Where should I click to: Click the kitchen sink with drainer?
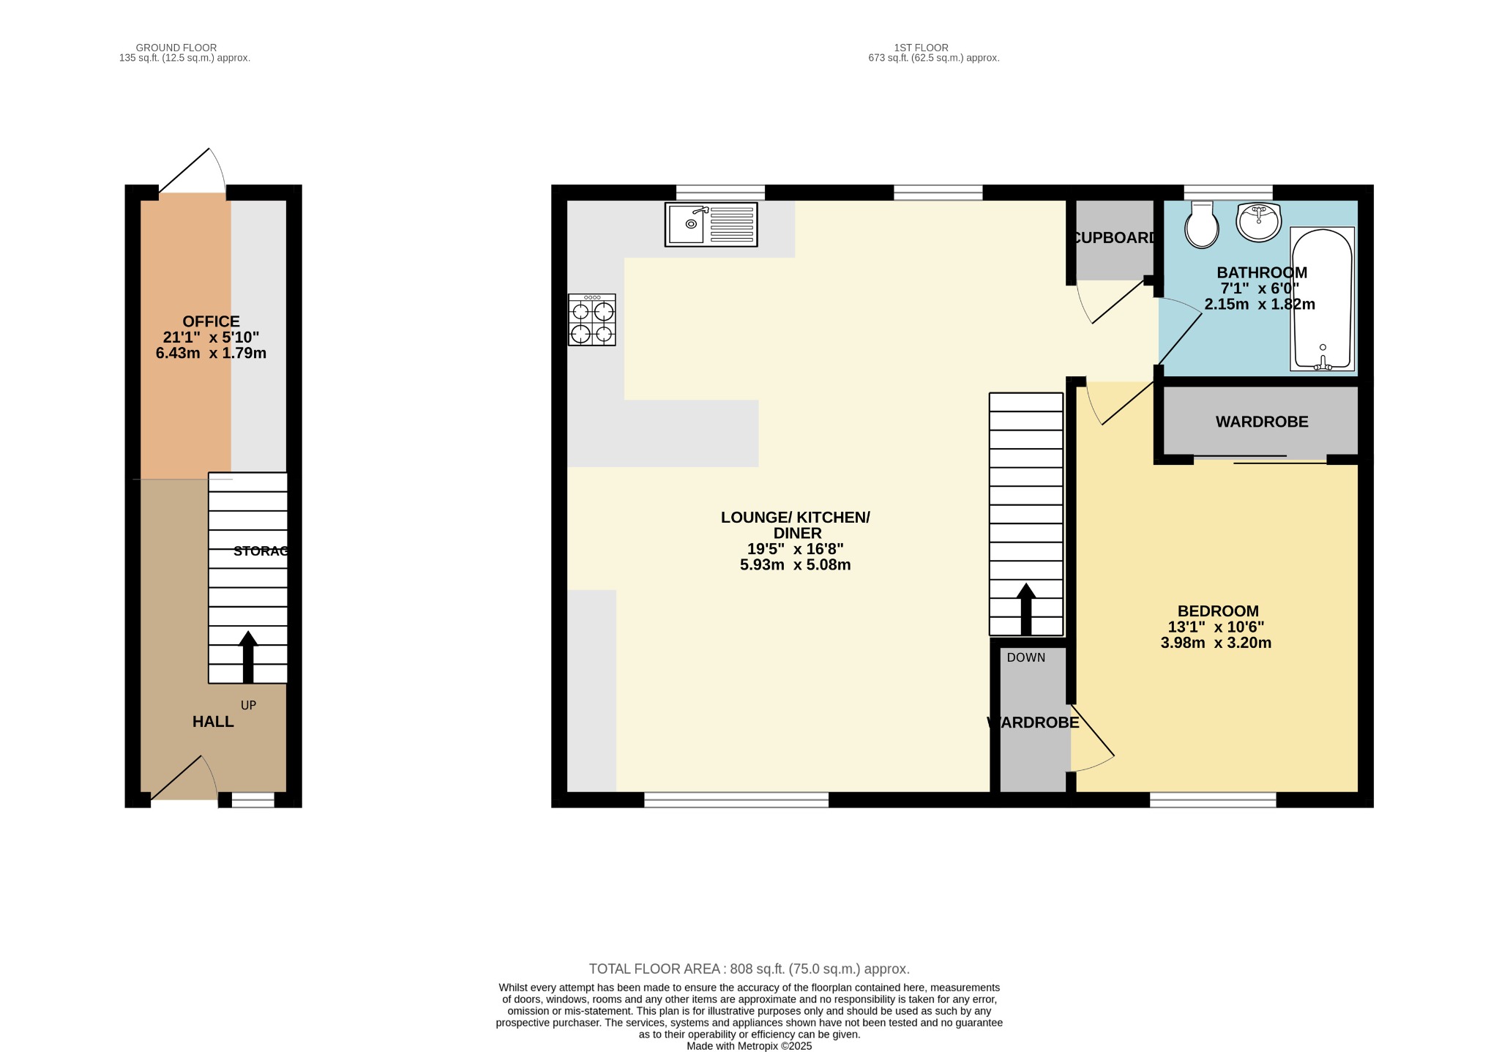[x=710, y=224]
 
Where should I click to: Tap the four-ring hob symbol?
[x=591, y=320]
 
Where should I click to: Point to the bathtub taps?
[x=1323, y=361]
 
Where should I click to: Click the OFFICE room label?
[x=211, y=321]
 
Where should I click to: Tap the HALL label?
[x=213, y=722]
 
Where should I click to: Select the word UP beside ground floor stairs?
[x=248, y=705]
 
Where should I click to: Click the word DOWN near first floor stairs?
[x=1025, y=657]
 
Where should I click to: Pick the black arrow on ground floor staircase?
[x=248, y=655]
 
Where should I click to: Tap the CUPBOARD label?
[x=1114, y=238]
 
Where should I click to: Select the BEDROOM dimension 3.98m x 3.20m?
[x=1216, y=643]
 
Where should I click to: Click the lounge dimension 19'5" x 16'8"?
[x=795, y=549]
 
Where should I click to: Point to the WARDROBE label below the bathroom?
[x=1262, y=422]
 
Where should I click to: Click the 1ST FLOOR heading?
[x=921, y=48]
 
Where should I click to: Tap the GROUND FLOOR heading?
[x=176, y=48]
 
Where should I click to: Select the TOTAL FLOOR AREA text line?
[x=749, y=969]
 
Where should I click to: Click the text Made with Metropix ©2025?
[x=749, y=1046]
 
